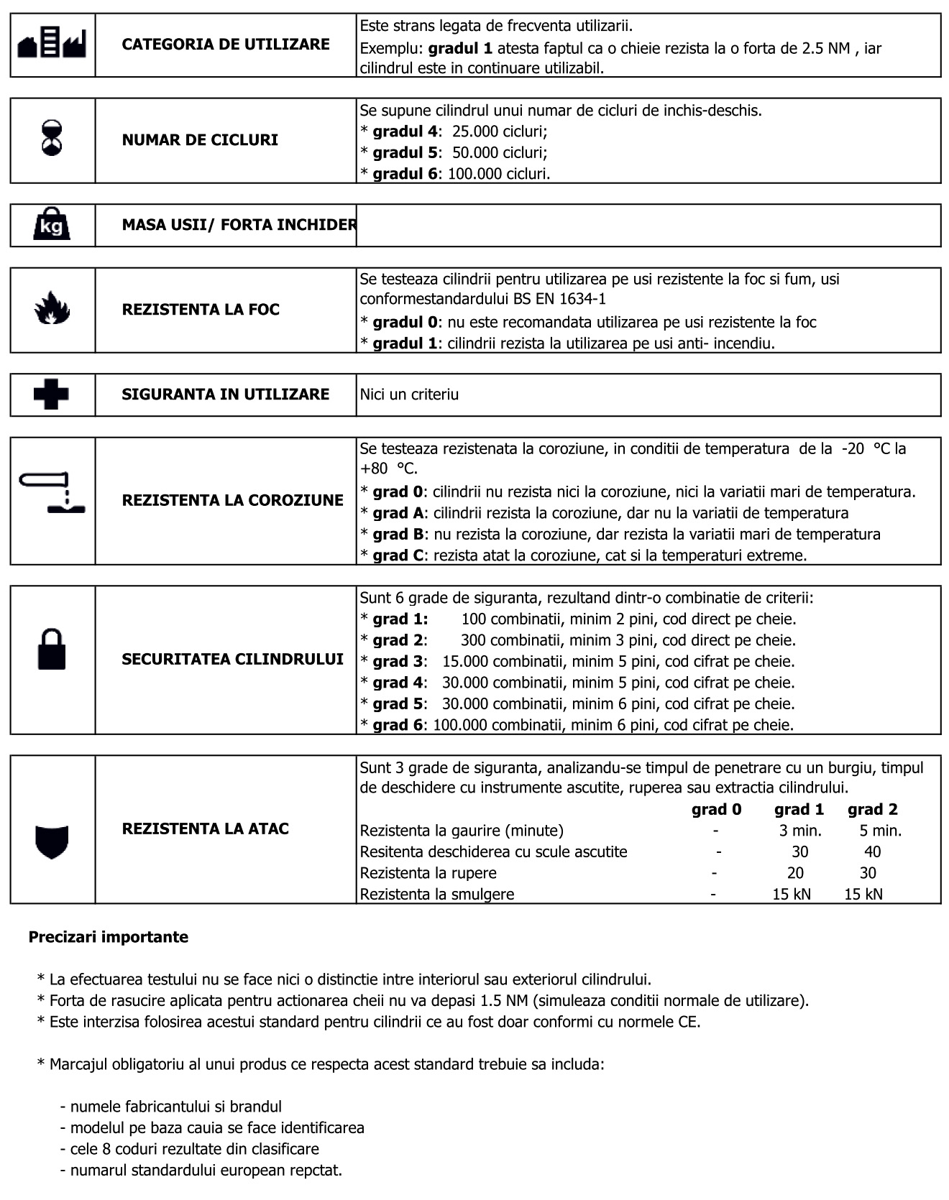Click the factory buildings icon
coord(52,45)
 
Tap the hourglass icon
coord(52,139)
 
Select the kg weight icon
coord(52,225)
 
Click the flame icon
coord(52,309)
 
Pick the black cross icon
coord(52,394)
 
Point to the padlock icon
coord(52,650)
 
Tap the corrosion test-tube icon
coord(52,493)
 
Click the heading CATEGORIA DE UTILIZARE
coord(226,45)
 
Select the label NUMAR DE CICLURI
coord(200,140)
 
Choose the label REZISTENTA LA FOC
coord(201,310)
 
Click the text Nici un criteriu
coord(409,394)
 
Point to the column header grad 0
coord(716,810)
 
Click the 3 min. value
coord(800,831)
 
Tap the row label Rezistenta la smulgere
coord(437,895)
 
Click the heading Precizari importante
coord(109,937)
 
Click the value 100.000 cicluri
coord(499,174)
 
